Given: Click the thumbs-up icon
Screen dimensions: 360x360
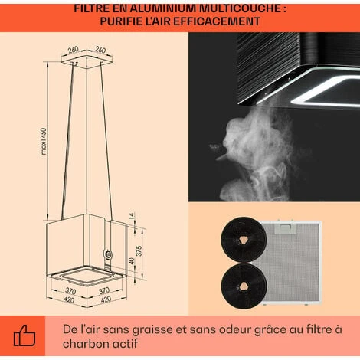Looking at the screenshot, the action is click(x=25, y=335).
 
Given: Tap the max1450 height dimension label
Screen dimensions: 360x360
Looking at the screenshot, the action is click(x=44, y=141).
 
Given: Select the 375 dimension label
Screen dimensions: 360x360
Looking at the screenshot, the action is click(x=139, y=251).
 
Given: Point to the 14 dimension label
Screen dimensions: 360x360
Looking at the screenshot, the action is click(x=132, y=216).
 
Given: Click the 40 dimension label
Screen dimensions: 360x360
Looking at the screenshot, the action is click(x=132, y=261).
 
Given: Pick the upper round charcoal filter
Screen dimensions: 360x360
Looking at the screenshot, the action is click(x=244, y=240).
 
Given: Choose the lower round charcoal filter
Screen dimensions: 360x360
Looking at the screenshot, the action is click(x=244, y=286).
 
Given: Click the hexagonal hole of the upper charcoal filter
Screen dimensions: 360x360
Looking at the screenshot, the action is click(x=244, y=239).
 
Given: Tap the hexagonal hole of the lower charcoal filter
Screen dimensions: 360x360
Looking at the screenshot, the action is click(x=244, y=286).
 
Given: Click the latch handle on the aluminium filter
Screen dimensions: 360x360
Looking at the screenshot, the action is click(x=285, y=229).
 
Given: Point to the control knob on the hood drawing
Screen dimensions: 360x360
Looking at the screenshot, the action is click(x=108, y=254).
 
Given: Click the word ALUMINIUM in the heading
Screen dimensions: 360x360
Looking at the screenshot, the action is click(x=163, y=8).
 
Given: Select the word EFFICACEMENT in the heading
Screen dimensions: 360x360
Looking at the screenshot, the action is click(x=217, y=21).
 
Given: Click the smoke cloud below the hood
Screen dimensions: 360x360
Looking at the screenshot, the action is click(x=255, y=153).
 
